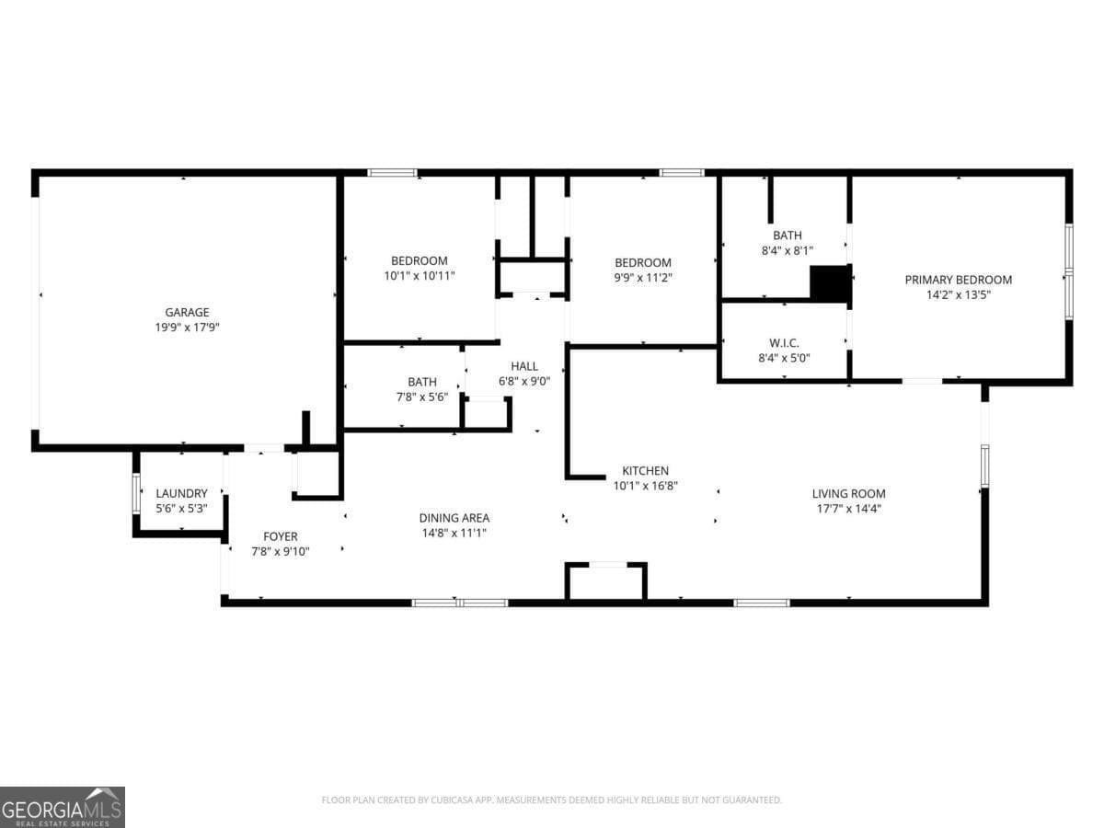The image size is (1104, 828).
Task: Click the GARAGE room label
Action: tap(187, 312)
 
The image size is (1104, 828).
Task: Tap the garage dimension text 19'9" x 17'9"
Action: tap(187, 327)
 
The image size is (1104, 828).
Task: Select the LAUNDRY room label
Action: tap(181, 493)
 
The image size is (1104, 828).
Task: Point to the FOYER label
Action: tap(281, 536)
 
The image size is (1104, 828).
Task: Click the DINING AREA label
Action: tap(454, 518)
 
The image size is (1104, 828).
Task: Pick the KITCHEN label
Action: tap(645, 470)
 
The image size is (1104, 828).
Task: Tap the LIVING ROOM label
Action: tap(848, 493)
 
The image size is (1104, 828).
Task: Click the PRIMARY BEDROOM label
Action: tap(958, 280)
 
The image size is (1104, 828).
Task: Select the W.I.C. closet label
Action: tap(784, 343)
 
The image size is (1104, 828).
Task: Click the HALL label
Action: tap(524, 366)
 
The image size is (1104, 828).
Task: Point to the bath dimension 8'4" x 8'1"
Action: tap(788, 250)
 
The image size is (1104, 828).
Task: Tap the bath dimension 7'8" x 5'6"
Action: tap(422, 397)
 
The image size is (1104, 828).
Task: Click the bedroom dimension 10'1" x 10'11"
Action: tap(420, 275)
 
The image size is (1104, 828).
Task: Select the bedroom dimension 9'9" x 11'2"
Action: tap(643, 277)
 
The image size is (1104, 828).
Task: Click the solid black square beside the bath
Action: tap(830, 283)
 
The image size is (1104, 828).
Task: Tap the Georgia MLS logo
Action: tap(63, 807)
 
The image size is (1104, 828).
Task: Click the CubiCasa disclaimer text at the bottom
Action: tap(551, 799)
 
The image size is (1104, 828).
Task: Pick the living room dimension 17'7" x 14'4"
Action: tap(848, 508)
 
